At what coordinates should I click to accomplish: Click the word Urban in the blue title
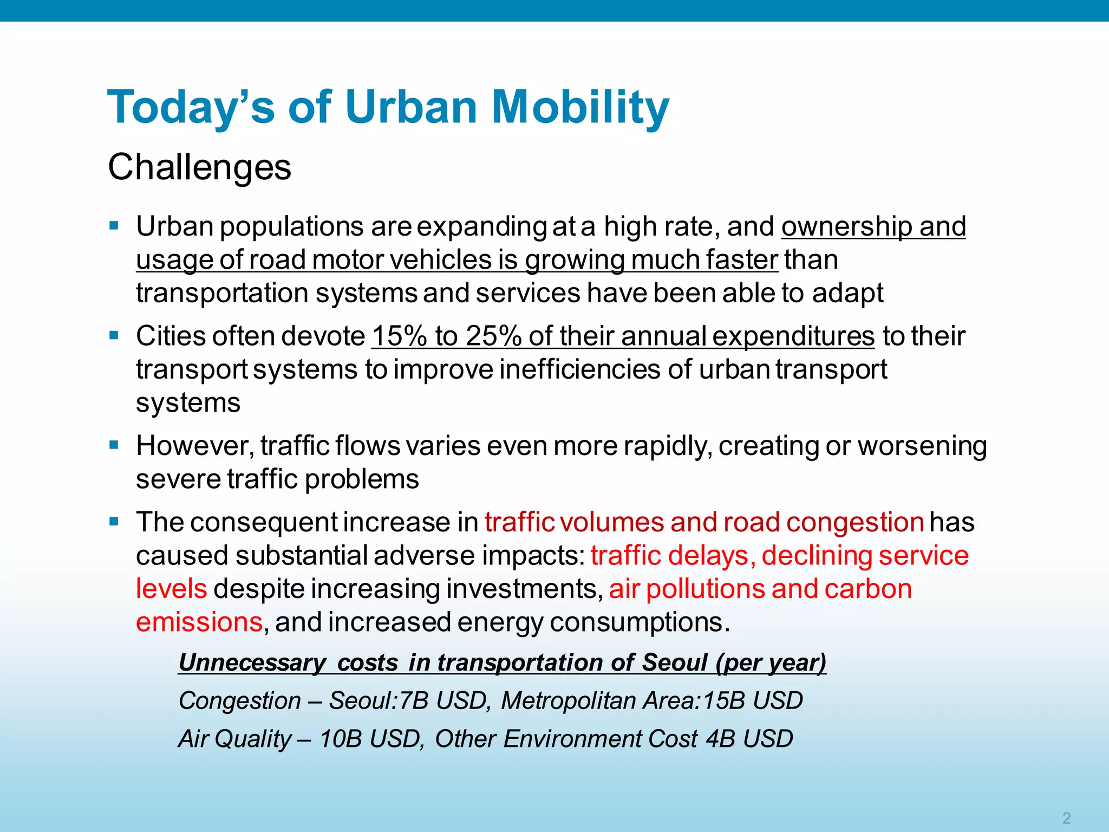tap(410, 107)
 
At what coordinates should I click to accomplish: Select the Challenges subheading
tap(199, 167)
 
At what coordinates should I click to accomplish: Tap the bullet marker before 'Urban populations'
tap(114, 225)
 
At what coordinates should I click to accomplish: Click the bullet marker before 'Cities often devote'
tap(114, 335)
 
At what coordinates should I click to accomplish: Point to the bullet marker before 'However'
tap(114, 445)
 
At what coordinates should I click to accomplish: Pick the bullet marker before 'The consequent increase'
tap(114, 522)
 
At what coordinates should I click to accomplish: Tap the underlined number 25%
tap(493, 336)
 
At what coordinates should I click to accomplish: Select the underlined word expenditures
tap(793, 336)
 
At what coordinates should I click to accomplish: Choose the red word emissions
tap(199, 622)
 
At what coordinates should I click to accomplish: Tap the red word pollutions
tap(706, 589)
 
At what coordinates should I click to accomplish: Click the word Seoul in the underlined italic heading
tap(674, 662)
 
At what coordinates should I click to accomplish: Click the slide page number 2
tap(1066, 817)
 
